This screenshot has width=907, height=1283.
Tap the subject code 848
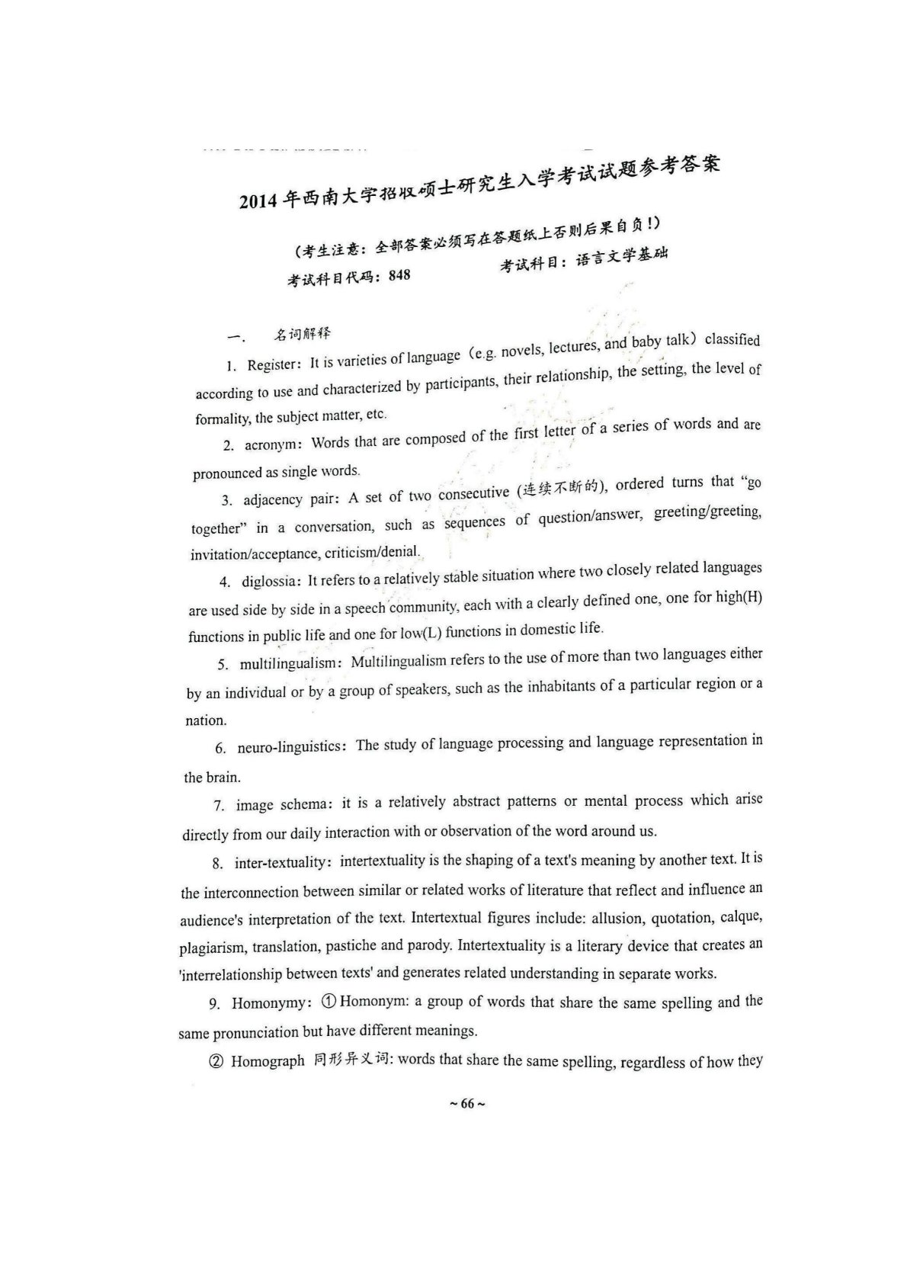tap(399, 275)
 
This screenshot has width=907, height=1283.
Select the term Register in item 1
tap(271, 364)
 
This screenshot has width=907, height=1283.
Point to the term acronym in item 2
tap(269, 444)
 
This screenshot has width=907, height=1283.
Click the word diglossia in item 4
tap(268, 582)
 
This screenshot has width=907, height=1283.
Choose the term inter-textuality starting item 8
tap(282, 863)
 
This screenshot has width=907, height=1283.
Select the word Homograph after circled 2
tap(268, 1061)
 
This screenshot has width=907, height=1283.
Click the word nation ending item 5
tap(205, 720)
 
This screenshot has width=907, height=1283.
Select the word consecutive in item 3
tap(473, 494)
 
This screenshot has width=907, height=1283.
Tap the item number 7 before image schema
tap(218, 806)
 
